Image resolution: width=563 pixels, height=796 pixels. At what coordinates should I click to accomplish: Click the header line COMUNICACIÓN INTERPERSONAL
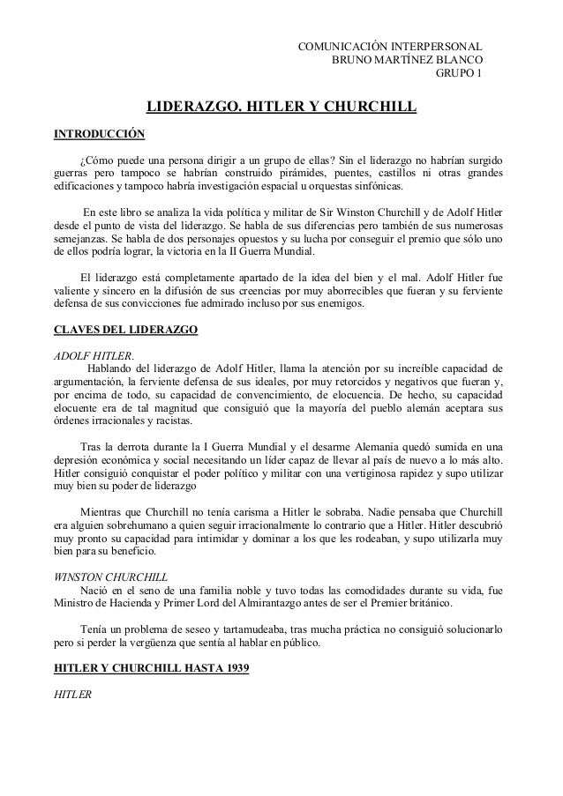(391, 45)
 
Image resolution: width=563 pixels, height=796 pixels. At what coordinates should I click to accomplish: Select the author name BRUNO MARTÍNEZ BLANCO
(407, 59)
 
